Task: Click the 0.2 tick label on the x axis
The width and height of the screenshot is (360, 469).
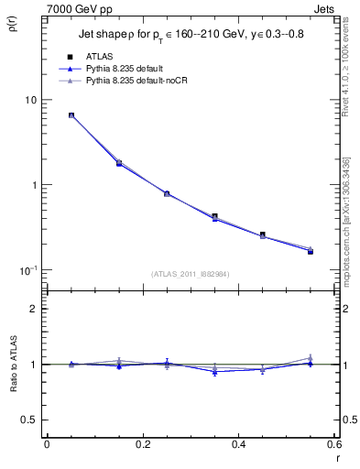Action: tap(142, 444)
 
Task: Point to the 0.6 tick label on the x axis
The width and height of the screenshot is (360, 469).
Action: tap(334, 444)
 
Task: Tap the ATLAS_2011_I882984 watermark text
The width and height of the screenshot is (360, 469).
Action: tap(190, 274)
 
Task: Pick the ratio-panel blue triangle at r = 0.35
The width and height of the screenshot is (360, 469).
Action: tap(214, 372)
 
